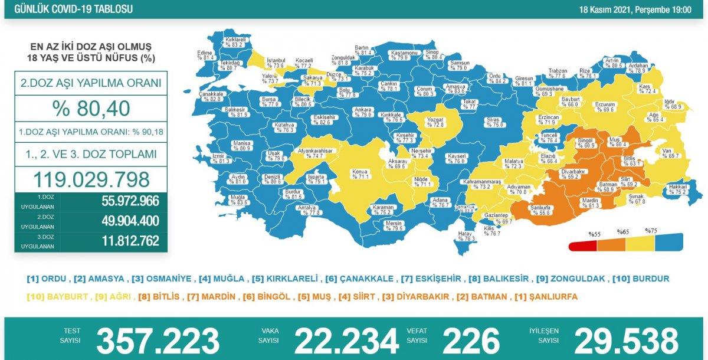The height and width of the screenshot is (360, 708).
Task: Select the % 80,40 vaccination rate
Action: (x=91, y=109)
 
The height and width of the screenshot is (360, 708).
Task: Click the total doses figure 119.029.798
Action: (x=91, y=179)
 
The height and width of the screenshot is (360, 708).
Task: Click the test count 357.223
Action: (x=158, y=341)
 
